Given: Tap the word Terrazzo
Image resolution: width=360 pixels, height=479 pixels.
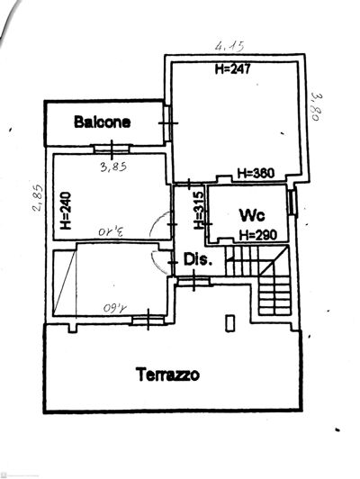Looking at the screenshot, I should coord(167,373).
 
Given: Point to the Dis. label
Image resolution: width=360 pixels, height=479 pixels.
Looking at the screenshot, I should coord(198,259).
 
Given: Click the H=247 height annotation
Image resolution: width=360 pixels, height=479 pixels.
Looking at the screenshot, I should coord(232,68).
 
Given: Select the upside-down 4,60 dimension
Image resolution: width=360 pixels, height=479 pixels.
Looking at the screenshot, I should coord(117,307).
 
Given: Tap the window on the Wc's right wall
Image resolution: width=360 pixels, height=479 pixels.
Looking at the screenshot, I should coord(292,203).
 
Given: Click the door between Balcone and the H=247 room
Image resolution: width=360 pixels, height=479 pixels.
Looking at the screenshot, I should coord(167,123).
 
